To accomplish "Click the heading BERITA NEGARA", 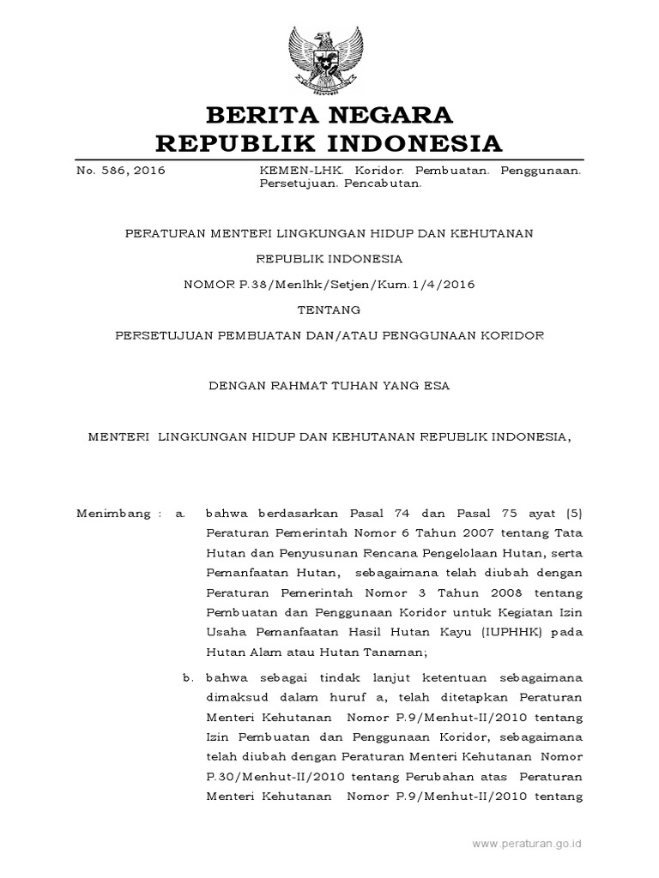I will [329, 114].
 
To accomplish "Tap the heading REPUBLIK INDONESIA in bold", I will [329, 141].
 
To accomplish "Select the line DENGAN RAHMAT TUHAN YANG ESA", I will [329, 386].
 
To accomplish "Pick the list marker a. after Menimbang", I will [180, 514].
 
